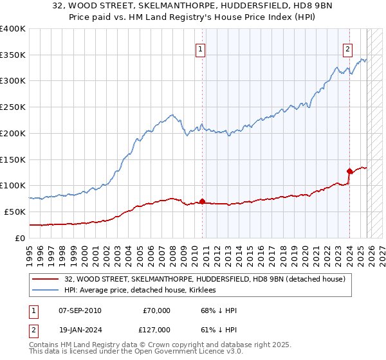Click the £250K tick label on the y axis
[x=13, y=107]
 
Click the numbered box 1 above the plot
[x=200, y=49]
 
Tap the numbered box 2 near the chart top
[x=347, y=49]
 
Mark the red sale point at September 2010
[x=202, y=201]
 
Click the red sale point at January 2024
[x=349, y=171]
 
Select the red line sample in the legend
[x=45, y=279]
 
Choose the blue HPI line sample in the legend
[x=45, y=290]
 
